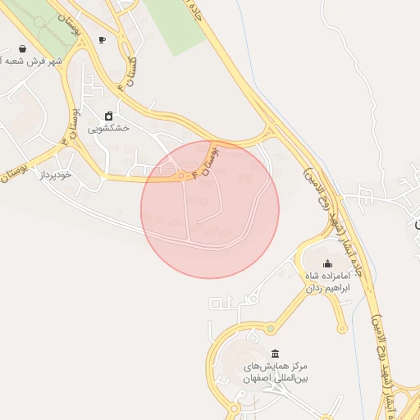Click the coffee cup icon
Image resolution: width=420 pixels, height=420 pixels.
click(x=102, y=39)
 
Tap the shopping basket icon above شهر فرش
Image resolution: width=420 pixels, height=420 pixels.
click(x=20, y=48)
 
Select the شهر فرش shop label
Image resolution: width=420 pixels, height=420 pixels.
click(x=31, y=62)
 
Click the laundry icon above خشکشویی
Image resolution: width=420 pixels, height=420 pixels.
click(x=108, y=116)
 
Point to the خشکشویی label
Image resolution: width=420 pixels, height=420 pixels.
click(x=109, y=129)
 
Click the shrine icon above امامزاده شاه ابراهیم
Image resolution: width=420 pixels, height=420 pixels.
click(x=328, y=263)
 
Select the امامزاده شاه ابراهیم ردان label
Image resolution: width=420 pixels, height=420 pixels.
click(x=328, y=282)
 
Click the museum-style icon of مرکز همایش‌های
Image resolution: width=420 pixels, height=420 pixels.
click(x=274, y=353)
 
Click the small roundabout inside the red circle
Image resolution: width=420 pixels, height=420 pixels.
click(x=181, y=176)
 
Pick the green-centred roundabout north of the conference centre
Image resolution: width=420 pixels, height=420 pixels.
click(x=269, y=329)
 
